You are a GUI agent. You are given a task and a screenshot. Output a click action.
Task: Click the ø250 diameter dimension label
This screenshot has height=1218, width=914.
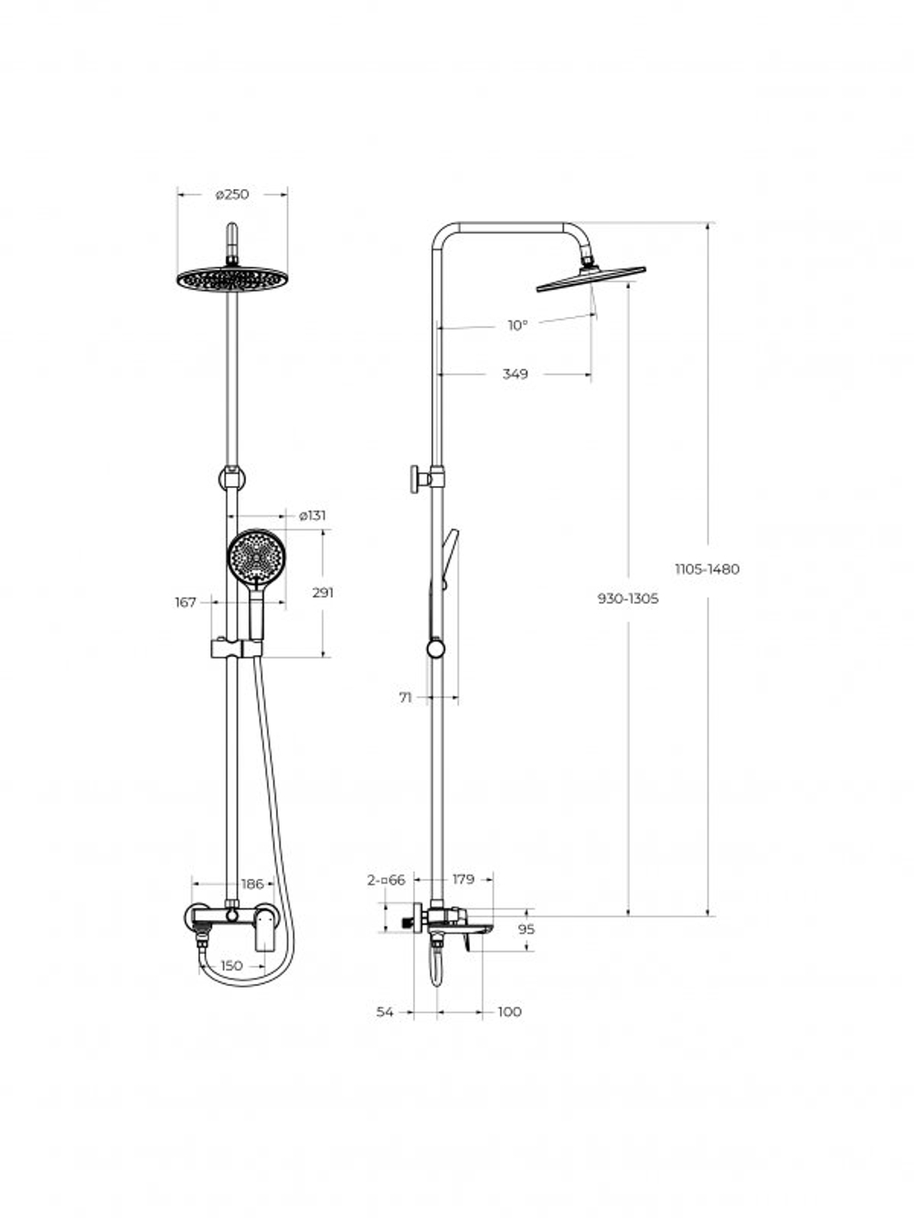click(232, 194)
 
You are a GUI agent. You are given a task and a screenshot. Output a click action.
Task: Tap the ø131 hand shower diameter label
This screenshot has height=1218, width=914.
click(313, 515)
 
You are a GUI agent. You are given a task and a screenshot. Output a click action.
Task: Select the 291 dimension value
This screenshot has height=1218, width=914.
click(323, 592)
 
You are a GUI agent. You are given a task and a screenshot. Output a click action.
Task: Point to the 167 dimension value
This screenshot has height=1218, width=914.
click(186, 602)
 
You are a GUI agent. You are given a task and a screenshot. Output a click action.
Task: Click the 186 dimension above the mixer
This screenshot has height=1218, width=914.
click(252, 884)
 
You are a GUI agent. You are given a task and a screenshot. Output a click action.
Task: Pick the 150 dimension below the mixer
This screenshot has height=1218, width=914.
click(232, 965)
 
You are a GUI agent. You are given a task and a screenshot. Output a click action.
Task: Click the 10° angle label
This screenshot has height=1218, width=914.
click(518, 325)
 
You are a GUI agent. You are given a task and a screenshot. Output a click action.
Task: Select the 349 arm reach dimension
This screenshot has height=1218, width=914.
click(515, 374)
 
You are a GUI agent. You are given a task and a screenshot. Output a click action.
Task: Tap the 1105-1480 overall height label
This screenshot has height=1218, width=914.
click(707, 568)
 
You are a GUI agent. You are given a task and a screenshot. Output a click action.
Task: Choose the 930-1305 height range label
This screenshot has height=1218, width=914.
click(628, 598)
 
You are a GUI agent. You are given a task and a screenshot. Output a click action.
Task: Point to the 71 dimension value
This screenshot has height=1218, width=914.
click(406, 697)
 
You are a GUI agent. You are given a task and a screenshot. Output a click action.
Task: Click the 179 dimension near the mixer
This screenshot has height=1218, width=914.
click(463, 879)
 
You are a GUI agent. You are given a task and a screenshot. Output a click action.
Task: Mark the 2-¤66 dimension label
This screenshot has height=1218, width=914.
click(386, 879)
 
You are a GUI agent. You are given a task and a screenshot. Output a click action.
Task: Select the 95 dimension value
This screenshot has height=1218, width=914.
click(526, 929)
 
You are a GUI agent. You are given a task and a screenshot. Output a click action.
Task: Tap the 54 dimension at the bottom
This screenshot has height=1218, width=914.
click(385, 1011)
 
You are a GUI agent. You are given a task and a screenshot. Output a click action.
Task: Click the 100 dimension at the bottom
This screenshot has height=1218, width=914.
click(510, 1011)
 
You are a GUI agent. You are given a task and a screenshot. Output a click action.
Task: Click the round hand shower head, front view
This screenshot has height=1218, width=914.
click(255, 556)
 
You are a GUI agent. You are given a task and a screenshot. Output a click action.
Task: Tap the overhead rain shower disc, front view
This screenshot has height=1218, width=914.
click(231, 278)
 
